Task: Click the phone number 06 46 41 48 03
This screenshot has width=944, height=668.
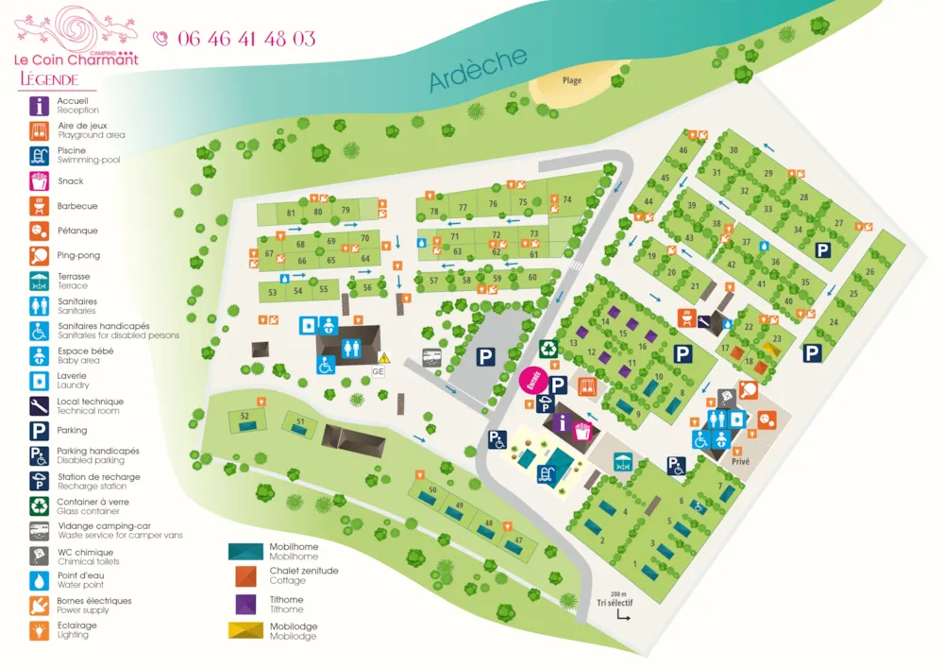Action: [245, 39]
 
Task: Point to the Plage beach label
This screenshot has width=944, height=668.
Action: [572, 80]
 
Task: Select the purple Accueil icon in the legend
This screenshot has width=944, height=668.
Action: [40, 105]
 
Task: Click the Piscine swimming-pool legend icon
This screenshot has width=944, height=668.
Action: [40, 155]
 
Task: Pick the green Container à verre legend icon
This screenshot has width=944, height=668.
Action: [40, 506]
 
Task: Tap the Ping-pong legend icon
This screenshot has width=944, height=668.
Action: [40, 255]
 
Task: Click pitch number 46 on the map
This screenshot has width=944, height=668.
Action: [683, 150]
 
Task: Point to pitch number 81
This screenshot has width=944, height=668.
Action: [292, 213]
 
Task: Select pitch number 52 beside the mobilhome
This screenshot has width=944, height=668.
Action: [244, 416]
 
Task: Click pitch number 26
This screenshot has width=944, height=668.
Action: [869, 272]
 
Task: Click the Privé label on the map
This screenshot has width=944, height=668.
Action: [740, 463]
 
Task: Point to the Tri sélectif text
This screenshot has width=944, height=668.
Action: [615, 602]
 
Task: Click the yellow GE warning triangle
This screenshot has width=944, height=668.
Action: [383, 357]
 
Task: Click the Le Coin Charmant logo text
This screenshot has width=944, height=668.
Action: [76, 60]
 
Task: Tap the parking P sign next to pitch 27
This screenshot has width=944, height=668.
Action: [823, 249]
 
